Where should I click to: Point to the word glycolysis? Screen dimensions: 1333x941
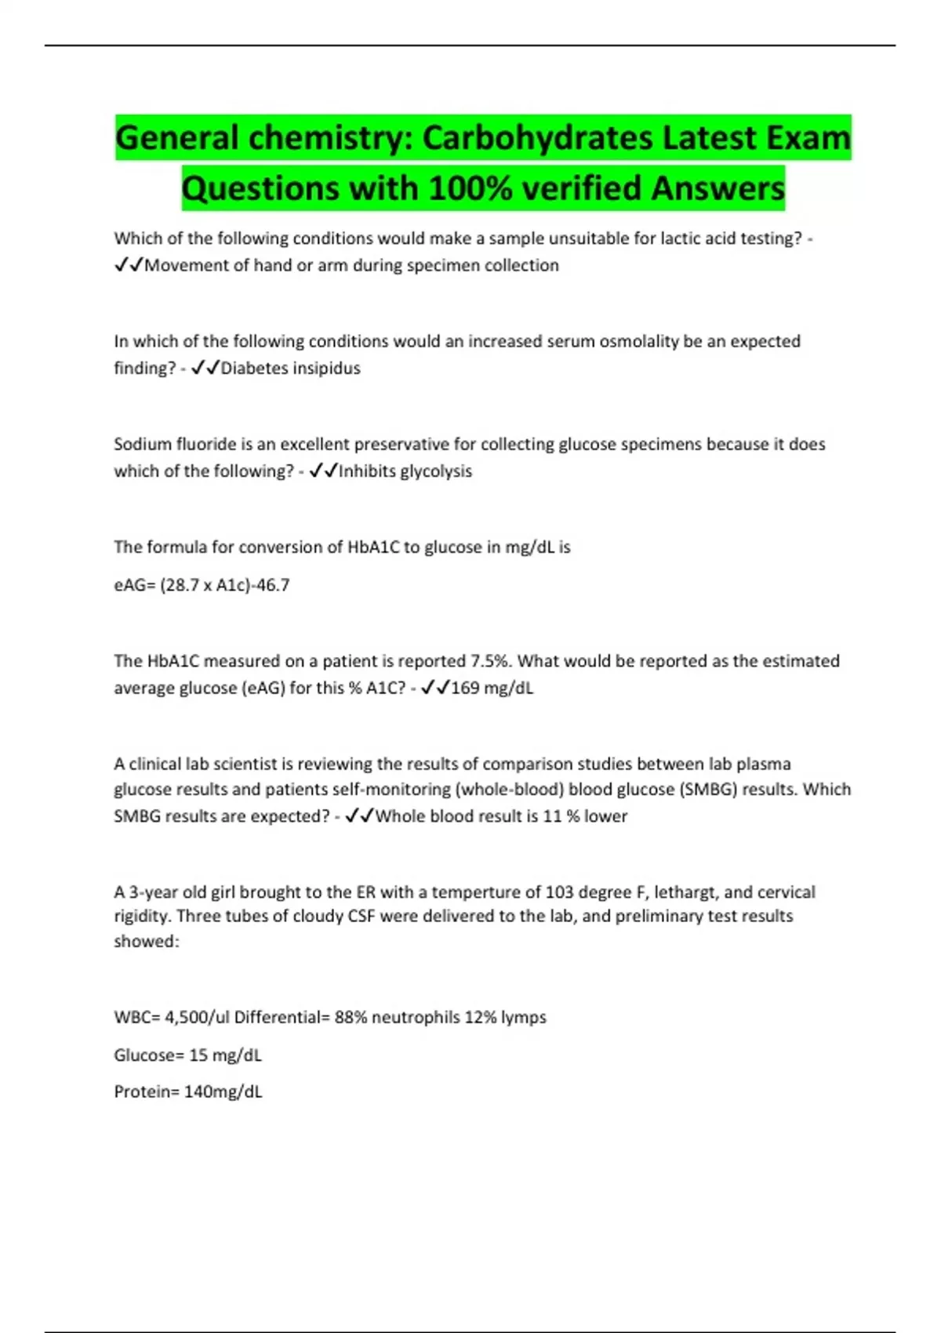436,471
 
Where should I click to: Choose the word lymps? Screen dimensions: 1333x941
523,1018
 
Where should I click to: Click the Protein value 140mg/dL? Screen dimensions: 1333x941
223,1092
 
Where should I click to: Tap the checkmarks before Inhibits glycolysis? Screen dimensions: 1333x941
324,471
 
